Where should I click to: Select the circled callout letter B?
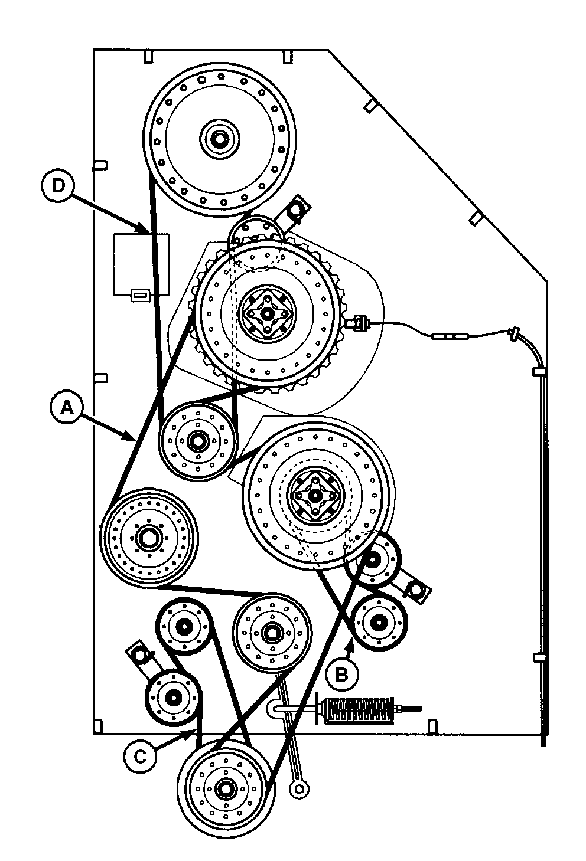point(341,674)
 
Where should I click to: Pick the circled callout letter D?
point(58,185)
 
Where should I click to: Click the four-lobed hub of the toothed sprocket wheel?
point(266,313)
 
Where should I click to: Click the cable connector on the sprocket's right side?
point(358,322)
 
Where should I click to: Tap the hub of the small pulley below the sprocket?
point(196,440)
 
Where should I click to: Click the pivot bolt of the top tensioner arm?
point(295,208)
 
